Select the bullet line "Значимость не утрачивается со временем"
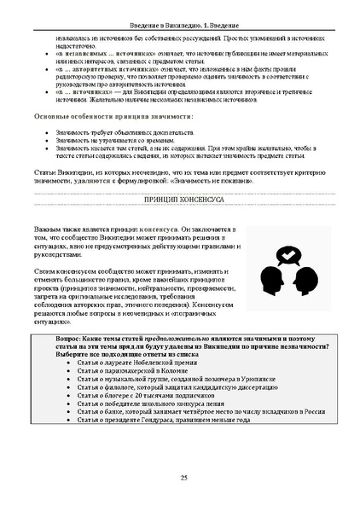[x=116, y=141]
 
